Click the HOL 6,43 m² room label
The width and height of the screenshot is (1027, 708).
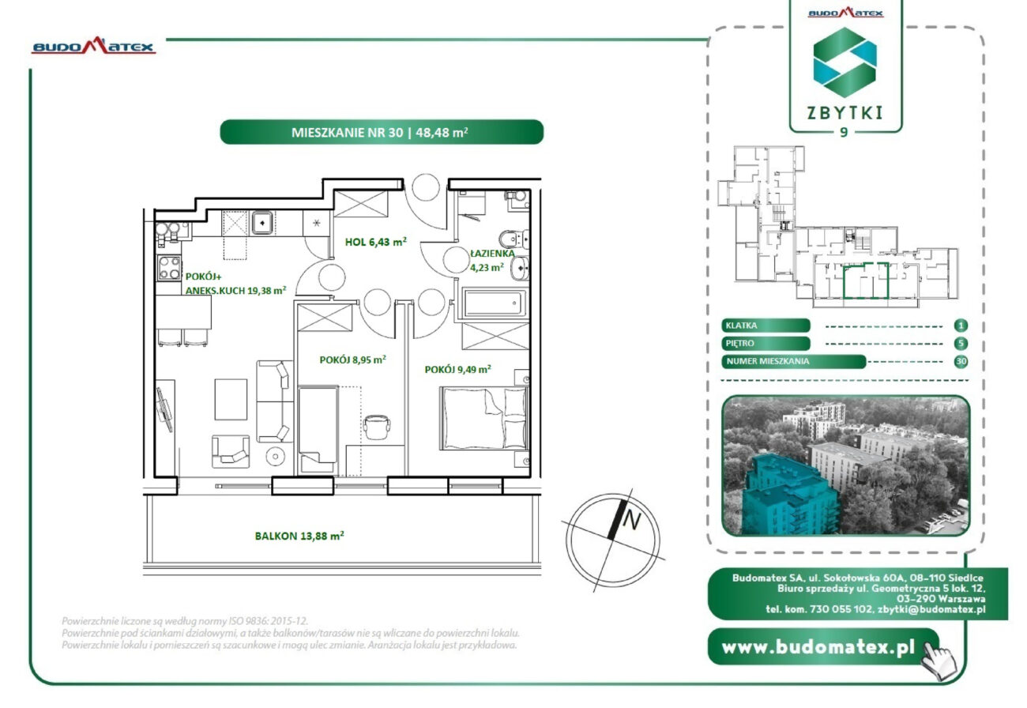[x=375, y=242]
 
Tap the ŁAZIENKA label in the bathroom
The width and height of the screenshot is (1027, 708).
[x=492, y=253]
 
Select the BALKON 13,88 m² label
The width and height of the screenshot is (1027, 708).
[x=299, y=536]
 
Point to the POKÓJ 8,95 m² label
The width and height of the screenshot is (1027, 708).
[x=352, y=360]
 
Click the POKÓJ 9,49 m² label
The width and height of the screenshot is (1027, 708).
[x=457, y=369]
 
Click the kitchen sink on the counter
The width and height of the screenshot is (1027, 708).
[x=261, y=222]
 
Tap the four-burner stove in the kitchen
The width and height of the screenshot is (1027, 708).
[x=169, y=268]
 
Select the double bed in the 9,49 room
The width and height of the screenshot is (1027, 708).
[x=483, y=418]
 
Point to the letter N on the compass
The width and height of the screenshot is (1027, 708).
[x=631, y=521]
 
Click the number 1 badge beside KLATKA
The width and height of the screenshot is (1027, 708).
[x=961, y=326]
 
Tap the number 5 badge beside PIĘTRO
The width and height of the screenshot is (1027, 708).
[x=961, y=344]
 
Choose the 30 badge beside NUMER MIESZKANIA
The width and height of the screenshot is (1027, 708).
[x=961, y=361]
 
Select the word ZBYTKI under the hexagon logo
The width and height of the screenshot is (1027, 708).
[x=845, y=113]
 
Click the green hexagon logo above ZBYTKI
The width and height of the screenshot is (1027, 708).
[x=845, y=62]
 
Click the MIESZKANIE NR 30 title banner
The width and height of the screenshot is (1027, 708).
[x=382, y=132]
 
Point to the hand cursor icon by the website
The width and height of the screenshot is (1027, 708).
[x=939, y=661]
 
